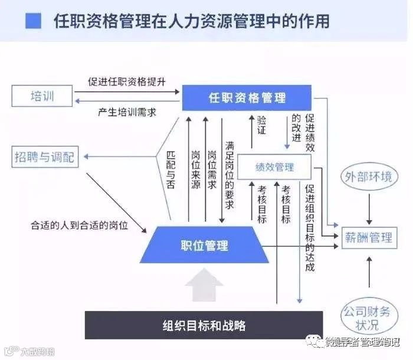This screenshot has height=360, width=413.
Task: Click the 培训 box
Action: click(x=42, y=96)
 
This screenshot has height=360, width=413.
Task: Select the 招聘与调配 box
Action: click(x=45, y=157)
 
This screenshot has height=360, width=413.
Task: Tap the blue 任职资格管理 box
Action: click(x=246, y=97)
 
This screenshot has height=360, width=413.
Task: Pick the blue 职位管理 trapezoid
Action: click(x=204, y=245)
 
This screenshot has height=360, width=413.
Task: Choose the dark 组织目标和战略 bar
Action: click(x=204, y=325)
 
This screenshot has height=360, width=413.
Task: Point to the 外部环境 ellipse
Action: click(x=368, y=176)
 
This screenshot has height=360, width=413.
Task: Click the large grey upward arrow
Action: click(x=204, y=285)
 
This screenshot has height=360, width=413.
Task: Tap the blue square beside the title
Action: click(x=34, y=22)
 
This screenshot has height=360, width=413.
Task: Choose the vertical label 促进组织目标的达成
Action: click(x=310, y=227)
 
